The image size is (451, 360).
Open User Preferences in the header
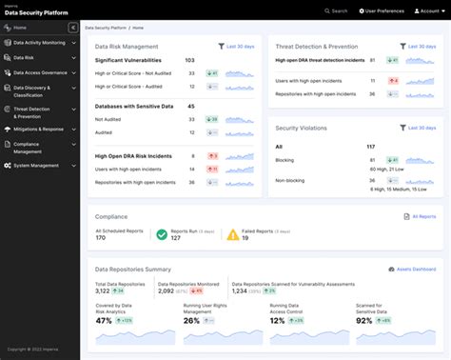click(381, 10)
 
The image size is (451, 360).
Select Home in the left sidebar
click(20, 29)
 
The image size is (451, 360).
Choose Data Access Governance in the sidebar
click(40, 71)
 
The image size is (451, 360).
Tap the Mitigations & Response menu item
click(38, 129)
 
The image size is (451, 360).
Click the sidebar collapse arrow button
click(73, 29)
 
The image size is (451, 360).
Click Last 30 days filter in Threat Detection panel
click(420, 46)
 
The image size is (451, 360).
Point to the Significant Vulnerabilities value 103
click(190, 60)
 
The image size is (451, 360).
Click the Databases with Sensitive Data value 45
click(191, 107)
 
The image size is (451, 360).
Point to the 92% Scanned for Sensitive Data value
click(363, 321)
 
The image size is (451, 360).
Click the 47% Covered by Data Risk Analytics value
click(105, 321)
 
